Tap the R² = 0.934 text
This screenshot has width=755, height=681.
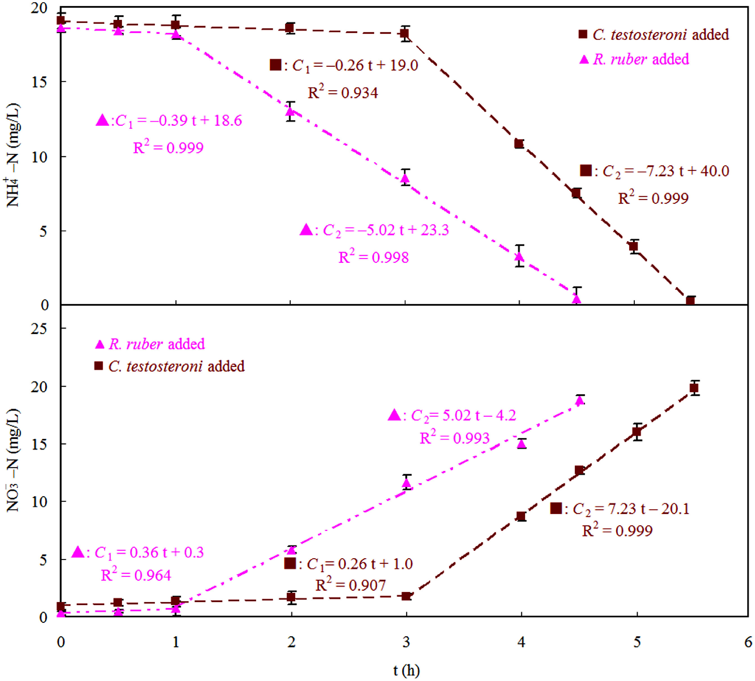(x=343, y=93)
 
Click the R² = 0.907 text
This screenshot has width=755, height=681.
(x=350, y=585)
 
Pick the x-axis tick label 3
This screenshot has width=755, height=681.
(x=406, y=642)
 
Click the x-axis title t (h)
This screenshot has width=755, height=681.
(x=406, y=670)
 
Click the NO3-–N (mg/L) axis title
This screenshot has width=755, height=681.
(x=14, y=461)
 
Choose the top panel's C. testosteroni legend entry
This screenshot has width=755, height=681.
(x=653, y=34)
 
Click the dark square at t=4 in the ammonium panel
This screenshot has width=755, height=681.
(x=519, y=144)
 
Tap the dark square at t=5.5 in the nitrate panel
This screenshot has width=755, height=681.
(x=694, y=388)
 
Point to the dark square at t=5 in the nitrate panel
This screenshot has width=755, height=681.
(x=637, y=432)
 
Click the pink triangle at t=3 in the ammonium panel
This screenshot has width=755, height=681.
(x=406, y=179)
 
